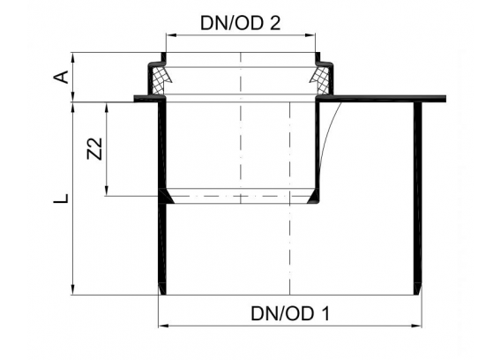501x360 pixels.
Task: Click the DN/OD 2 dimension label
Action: pyautogui.click(x=240, y=23)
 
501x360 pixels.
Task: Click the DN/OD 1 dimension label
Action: pyautogui.click(x=290, y=313)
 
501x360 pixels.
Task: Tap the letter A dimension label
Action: pyautogui.click(x=61, y=77)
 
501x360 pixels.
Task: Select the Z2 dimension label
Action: pyautogui.click(x=94, y=148)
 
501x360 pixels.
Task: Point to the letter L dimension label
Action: pyautogui.click(x=61, y=199)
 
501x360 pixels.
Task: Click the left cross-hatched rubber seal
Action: pyautogui.click(x=159, y=80)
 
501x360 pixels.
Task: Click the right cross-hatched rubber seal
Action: pyautogui.click(x=321, y=80)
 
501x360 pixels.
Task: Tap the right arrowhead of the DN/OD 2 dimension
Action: pyautogui.click(x=310, y=35)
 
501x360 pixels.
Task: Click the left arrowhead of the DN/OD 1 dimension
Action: pyautogui.click(x=163, y=326)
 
